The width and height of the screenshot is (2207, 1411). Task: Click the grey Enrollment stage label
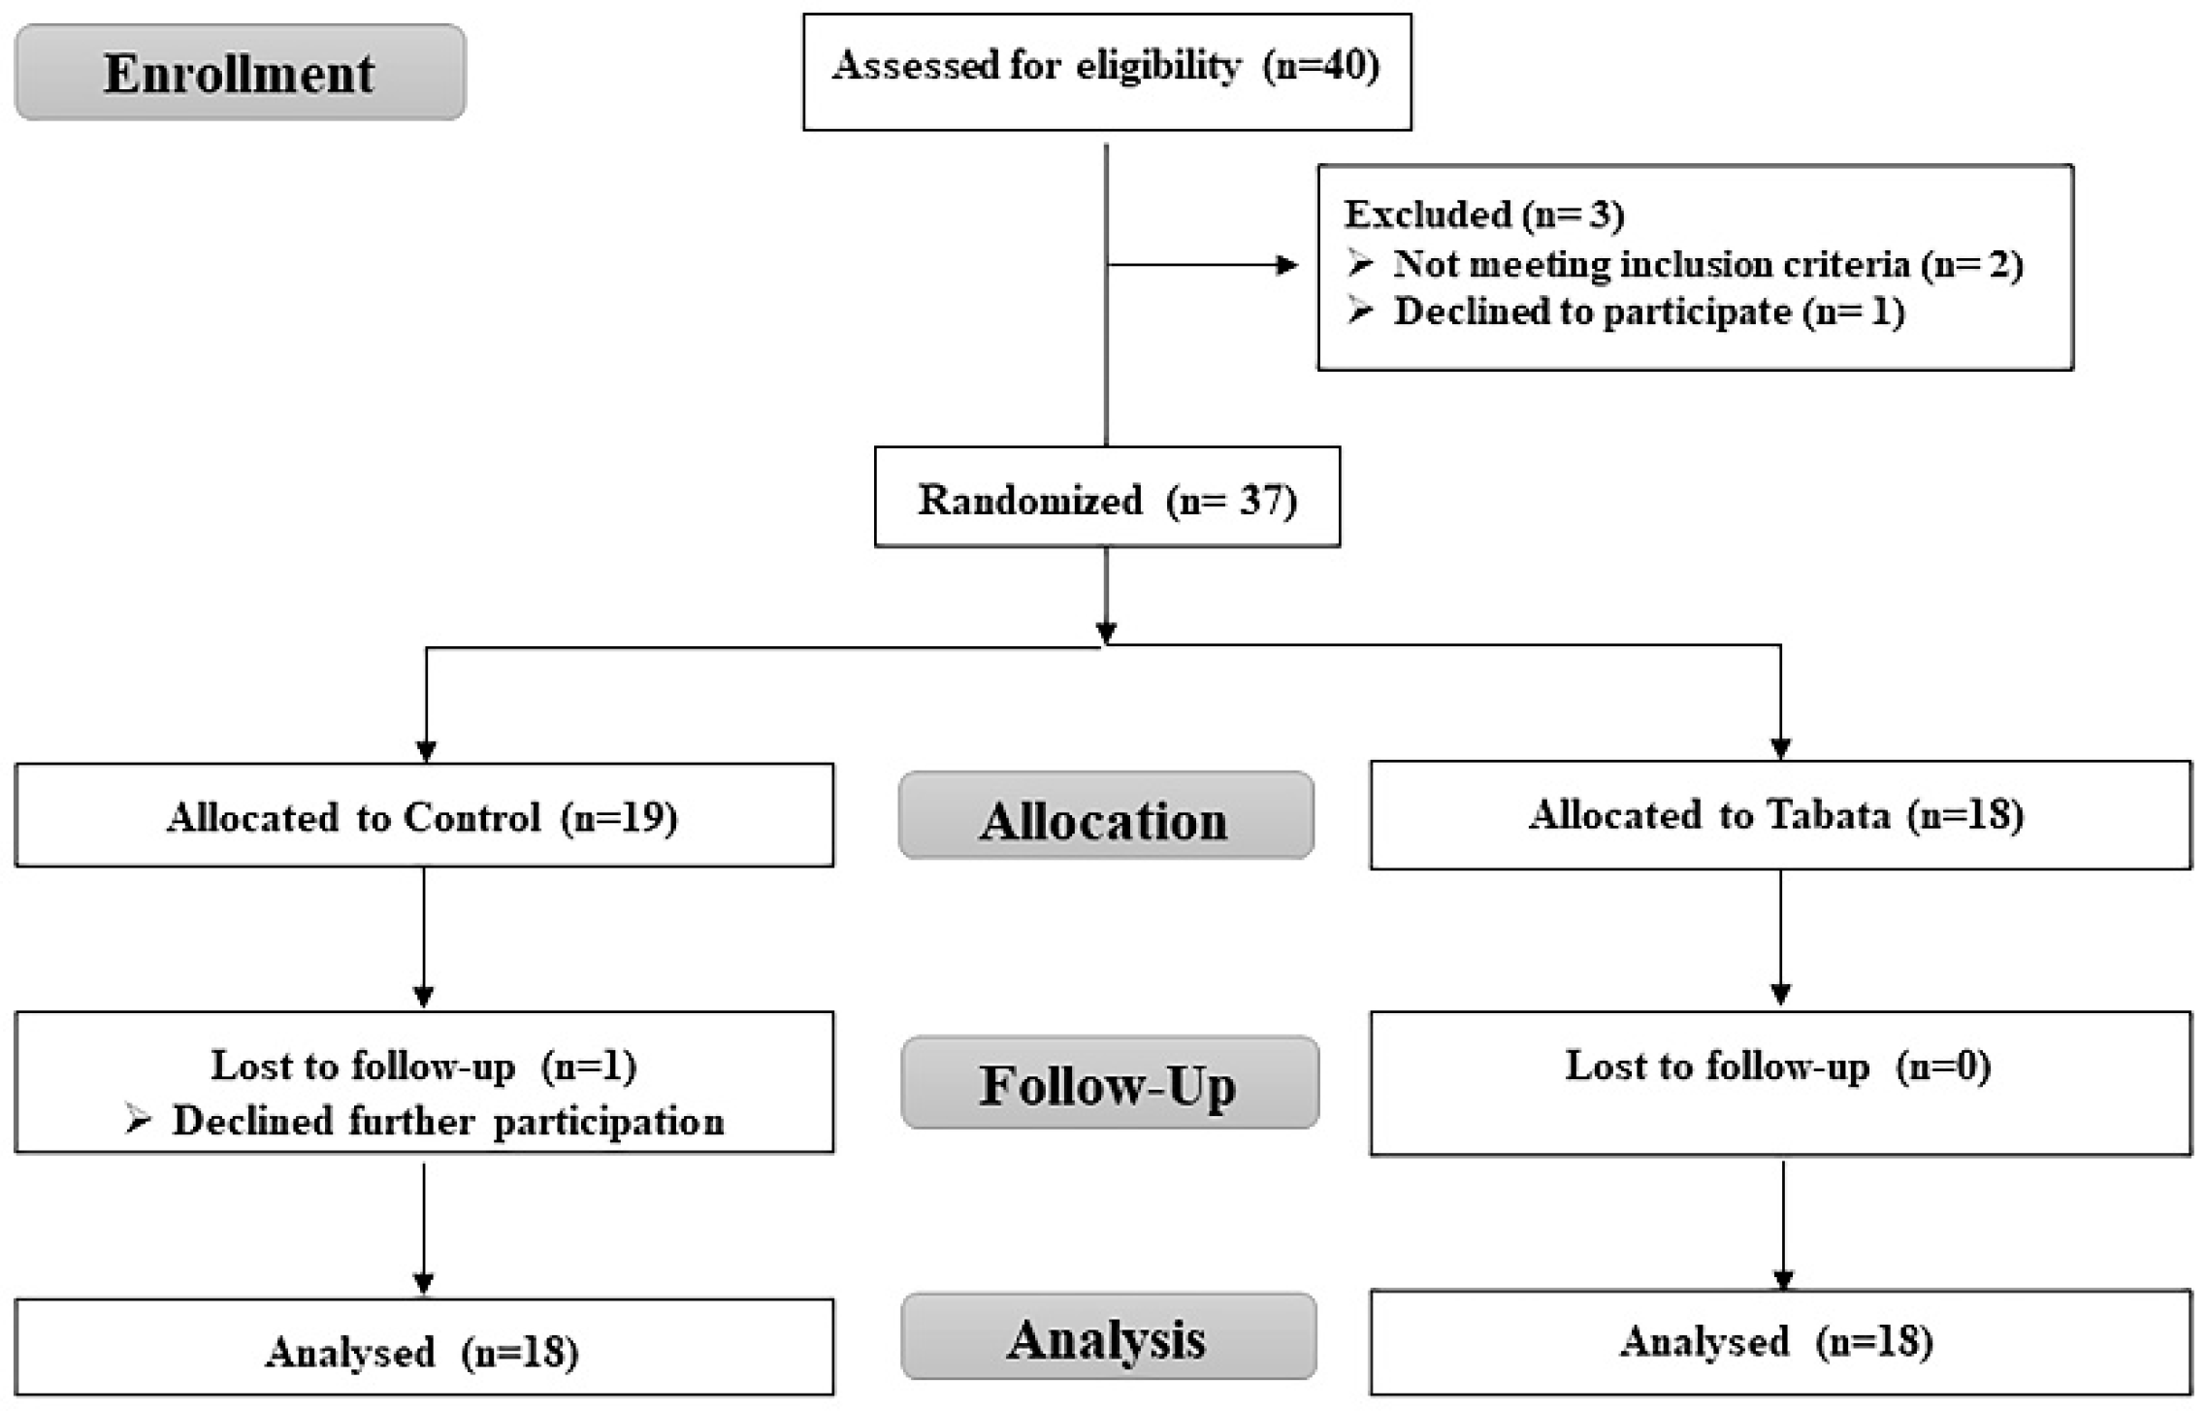[x=240, y=73]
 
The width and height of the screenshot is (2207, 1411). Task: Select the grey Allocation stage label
[x=1105, y=816]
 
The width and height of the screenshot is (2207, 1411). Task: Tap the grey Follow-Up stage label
[x=1109, y=1082]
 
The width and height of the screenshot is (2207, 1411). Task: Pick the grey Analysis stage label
[x=1107, y=1336]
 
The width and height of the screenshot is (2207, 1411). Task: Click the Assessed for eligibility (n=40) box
[x=1106, y=71]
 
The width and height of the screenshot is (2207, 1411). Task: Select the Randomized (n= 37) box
[x=1106, y=497]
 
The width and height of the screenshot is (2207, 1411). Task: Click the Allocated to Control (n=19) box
[x=423, y=815]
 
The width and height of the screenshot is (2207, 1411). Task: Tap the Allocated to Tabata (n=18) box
[x=1779, y=814]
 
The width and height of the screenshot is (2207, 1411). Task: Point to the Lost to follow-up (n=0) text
[x=1777, y=1066]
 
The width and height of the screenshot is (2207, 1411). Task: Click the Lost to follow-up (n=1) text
[x=424, y=1066]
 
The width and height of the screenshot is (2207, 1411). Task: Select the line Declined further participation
[x=447, y=1121]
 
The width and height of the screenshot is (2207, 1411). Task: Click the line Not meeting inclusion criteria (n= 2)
[x=1707, y=264]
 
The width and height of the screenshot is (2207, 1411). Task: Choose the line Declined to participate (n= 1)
[x=1648, y=312]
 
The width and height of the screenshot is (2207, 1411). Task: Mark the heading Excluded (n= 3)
[x=1483, y=213]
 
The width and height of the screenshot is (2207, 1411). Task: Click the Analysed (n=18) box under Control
[x=423, y=1349]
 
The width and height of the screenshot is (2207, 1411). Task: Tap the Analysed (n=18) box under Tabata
[x=1779, y=1341]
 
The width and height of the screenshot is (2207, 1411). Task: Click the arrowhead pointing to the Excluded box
[x=1287, y=264]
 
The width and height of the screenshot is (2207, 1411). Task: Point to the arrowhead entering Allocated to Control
[x=426, y=751]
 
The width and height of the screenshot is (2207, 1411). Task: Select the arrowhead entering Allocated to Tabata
[x=1780, y=749]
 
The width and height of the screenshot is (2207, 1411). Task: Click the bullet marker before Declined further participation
[x=139, y=1121]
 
